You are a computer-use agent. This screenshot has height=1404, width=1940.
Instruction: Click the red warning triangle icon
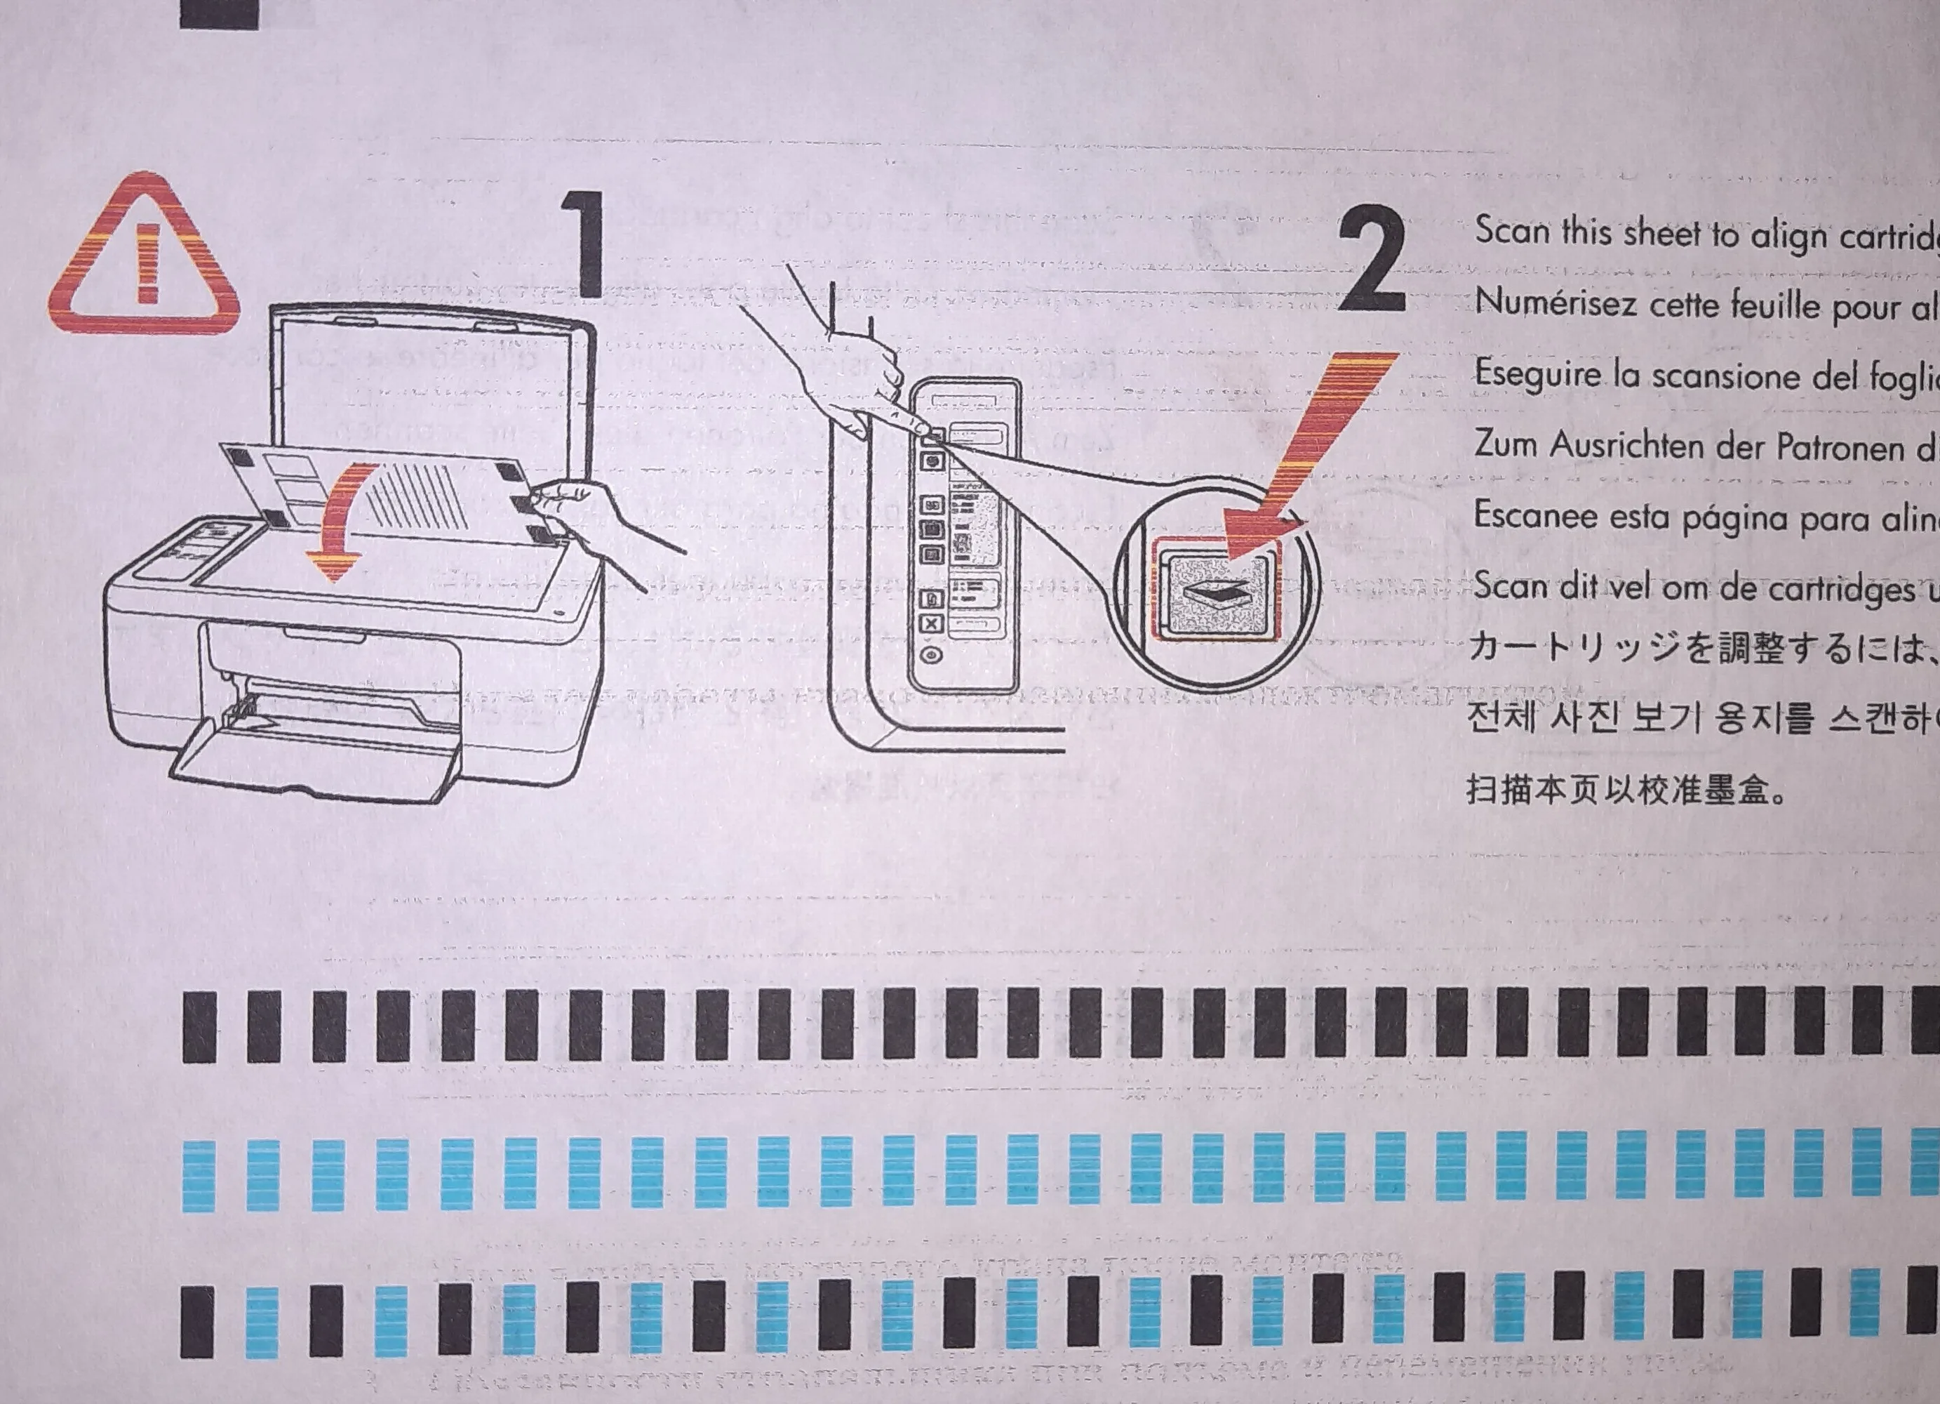click(144, 257)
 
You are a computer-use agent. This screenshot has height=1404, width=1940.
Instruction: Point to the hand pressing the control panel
click(855, 368)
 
